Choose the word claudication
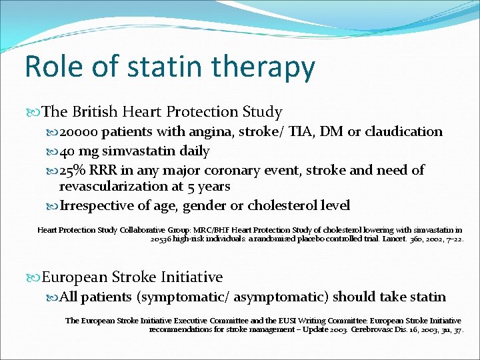[x=403, y=132]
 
